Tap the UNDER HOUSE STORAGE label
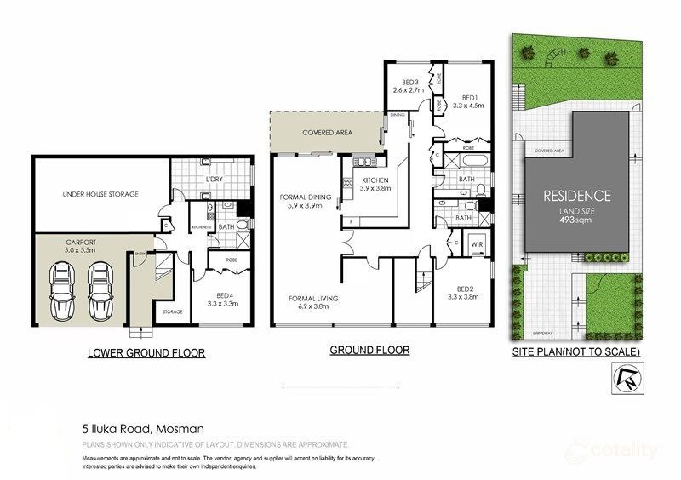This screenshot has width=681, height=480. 100,194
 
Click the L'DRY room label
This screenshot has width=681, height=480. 213,180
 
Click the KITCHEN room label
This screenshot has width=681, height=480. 375,181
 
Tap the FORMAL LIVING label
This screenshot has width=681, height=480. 308,300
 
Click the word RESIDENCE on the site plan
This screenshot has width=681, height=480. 577,195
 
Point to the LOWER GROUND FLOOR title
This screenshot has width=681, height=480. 146,351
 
